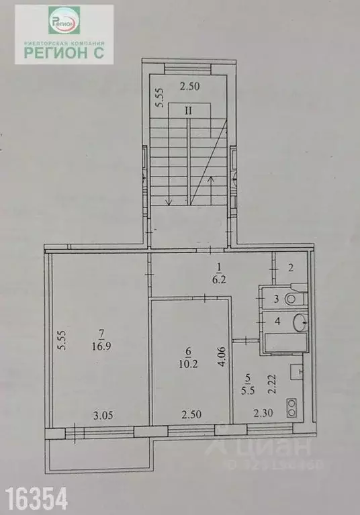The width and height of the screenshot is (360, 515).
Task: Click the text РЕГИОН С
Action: coord(64,54)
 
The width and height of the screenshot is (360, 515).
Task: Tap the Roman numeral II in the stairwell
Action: coord(189,112)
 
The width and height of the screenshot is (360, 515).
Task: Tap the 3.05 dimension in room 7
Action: coord(102,414)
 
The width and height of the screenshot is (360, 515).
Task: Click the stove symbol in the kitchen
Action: coord(294,405)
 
